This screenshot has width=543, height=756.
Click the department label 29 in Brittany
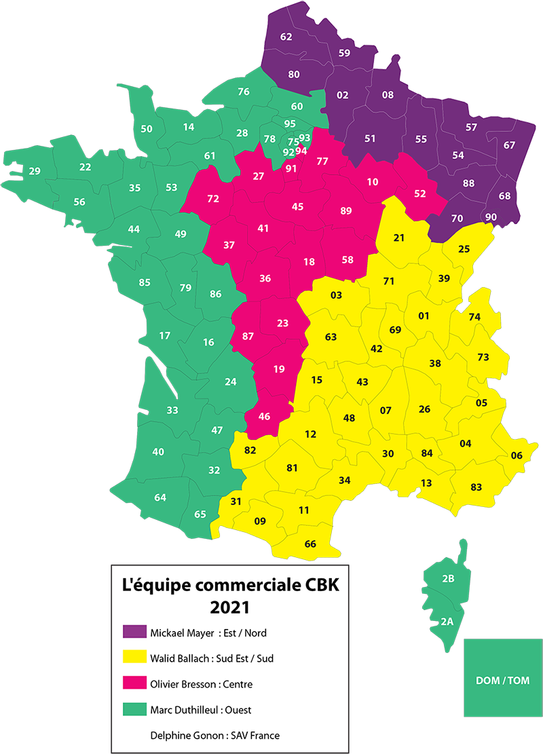(34, 172)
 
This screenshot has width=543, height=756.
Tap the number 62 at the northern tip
(286, 37)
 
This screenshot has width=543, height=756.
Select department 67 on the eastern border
(510, 145)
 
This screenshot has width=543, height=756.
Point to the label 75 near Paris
(293, 142)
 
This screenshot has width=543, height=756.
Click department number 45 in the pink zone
(297, 206)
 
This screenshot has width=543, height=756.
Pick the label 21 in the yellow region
(399, 238)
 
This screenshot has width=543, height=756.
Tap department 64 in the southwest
(160, 497)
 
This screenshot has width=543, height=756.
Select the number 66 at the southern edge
(310, 544)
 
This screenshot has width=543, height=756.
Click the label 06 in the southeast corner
(517, 455)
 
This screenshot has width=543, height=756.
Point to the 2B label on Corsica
(447, 579)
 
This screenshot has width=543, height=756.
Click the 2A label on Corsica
(446, 621)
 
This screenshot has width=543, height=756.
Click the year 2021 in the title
(229, 605)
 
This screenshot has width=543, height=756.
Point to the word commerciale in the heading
(246, 584)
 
